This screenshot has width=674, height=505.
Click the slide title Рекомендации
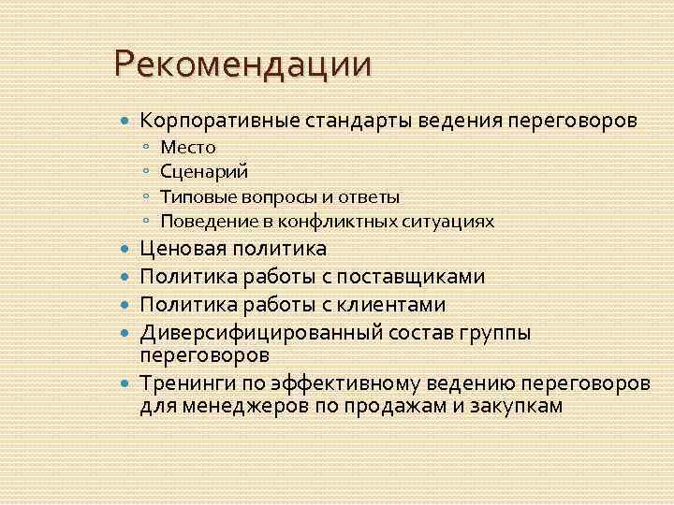click(x=242, y=65)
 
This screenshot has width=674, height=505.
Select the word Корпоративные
click(x=204, y=121)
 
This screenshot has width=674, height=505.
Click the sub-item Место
click(x=187, y=147)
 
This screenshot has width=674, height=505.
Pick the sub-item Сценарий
click(x=204, y=171)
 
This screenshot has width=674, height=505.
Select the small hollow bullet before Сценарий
click(x=147, y=172)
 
